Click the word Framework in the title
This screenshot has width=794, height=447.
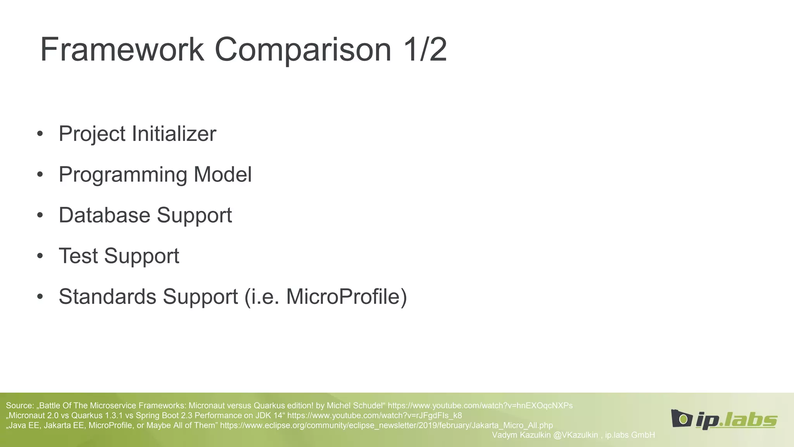[122, 50]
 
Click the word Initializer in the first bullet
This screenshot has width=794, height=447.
[174, 134]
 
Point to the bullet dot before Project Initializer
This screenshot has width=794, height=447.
[40, 134]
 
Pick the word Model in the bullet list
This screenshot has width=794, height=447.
[223, 174]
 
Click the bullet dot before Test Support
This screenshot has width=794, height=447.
[40, 256]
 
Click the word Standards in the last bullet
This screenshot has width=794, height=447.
[107, 297]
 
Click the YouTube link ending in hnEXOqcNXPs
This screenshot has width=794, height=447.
[480, 405]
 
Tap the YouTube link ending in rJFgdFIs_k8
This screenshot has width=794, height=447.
[375, 416]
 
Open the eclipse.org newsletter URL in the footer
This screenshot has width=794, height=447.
[386, 425]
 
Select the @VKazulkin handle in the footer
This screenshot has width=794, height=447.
[575, 435]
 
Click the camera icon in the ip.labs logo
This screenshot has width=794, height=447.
[682, 418]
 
